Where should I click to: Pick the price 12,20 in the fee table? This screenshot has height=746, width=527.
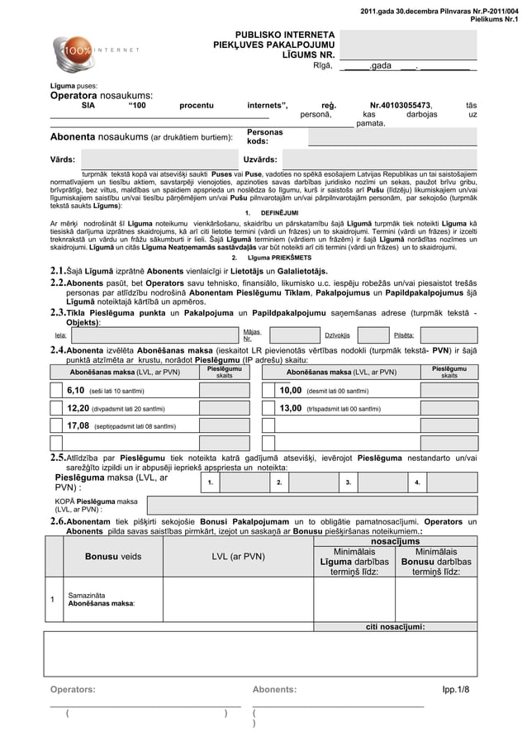78,407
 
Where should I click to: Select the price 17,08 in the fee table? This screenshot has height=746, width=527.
78,425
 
